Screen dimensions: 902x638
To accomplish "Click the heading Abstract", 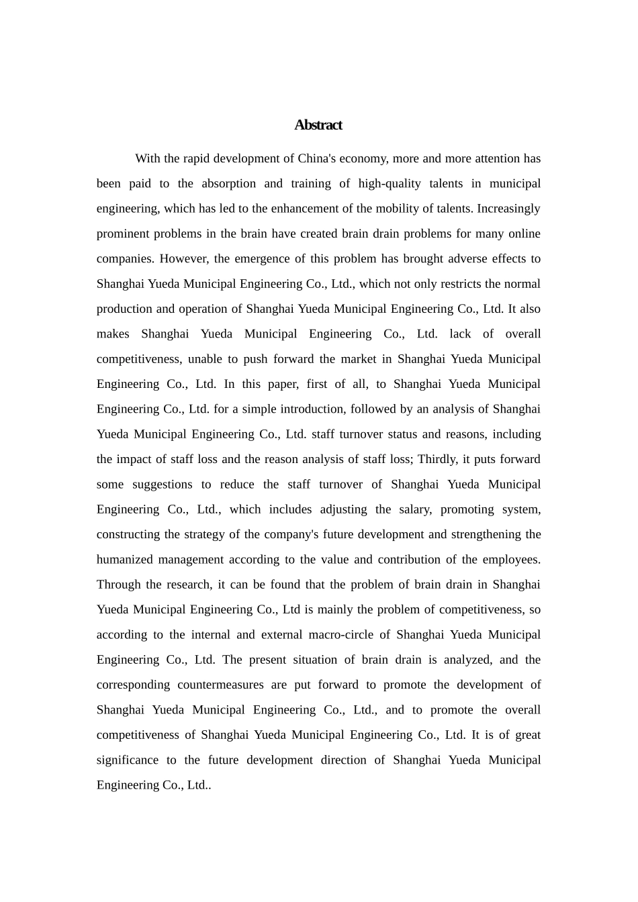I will [x=318, y=125].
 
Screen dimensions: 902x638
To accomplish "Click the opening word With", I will [x=148, y=158].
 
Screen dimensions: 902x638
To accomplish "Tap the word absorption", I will [x=228, y=183].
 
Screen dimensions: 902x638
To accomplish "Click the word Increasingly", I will [x=508, y=208].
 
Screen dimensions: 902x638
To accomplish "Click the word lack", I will [x=461, y=334].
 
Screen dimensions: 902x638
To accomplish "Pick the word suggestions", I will [x=162, y=484].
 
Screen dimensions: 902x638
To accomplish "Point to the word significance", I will [x=127, y=760].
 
